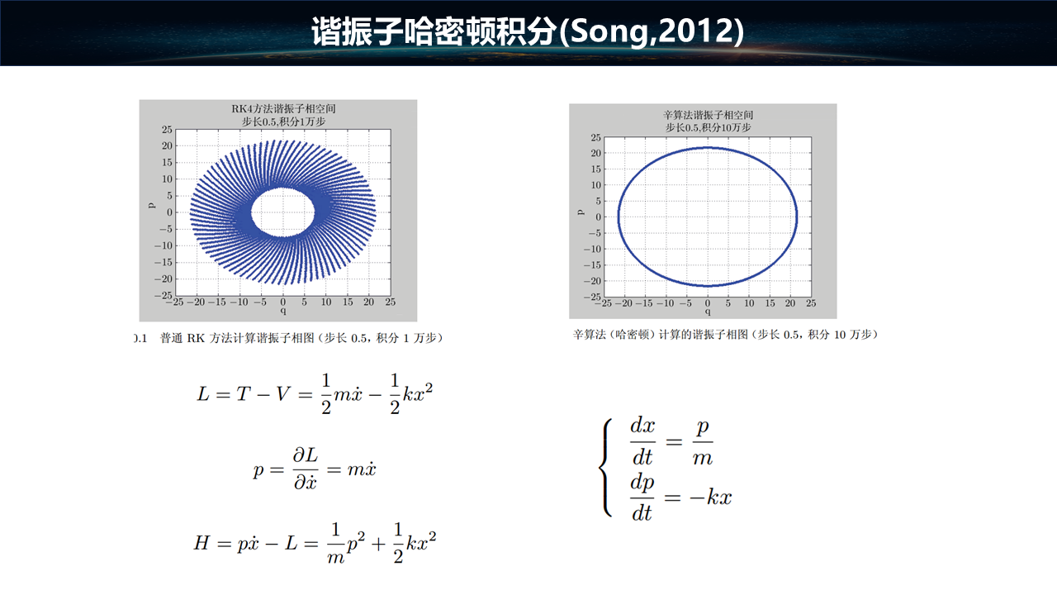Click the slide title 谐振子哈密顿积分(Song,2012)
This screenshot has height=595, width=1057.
pos(528,31)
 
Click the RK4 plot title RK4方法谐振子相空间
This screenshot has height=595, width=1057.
pos(283,108)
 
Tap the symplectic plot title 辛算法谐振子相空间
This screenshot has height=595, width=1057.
pos(708,115)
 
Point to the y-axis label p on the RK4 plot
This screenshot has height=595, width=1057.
pos(151,206)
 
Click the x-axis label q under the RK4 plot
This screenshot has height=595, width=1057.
pos(283,311)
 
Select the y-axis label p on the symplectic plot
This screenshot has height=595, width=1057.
pos(581,212)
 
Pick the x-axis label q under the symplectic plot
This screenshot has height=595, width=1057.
pos(708,312)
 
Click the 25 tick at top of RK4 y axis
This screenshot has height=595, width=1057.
pos(167,130)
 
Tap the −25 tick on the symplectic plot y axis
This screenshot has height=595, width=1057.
pos(593,297)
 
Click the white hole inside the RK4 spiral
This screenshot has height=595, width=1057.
pos(282,212)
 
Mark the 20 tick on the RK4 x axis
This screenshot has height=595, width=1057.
pos(368,302)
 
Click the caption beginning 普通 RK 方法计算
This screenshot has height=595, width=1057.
pos(302,338)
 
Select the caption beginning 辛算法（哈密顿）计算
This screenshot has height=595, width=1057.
pos(726,335)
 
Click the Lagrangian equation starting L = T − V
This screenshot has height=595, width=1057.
pos(315,394)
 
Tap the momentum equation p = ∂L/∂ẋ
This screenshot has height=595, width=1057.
pos(315,469)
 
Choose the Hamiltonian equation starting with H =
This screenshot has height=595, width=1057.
pos(315,543)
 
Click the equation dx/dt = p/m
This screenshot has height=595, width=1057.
pos(671,441)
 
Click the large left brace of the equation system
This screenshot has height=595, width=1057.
pos(605,468)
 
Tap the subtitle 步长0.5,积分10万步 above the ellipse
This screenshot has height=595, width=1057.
pos(708,127)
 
